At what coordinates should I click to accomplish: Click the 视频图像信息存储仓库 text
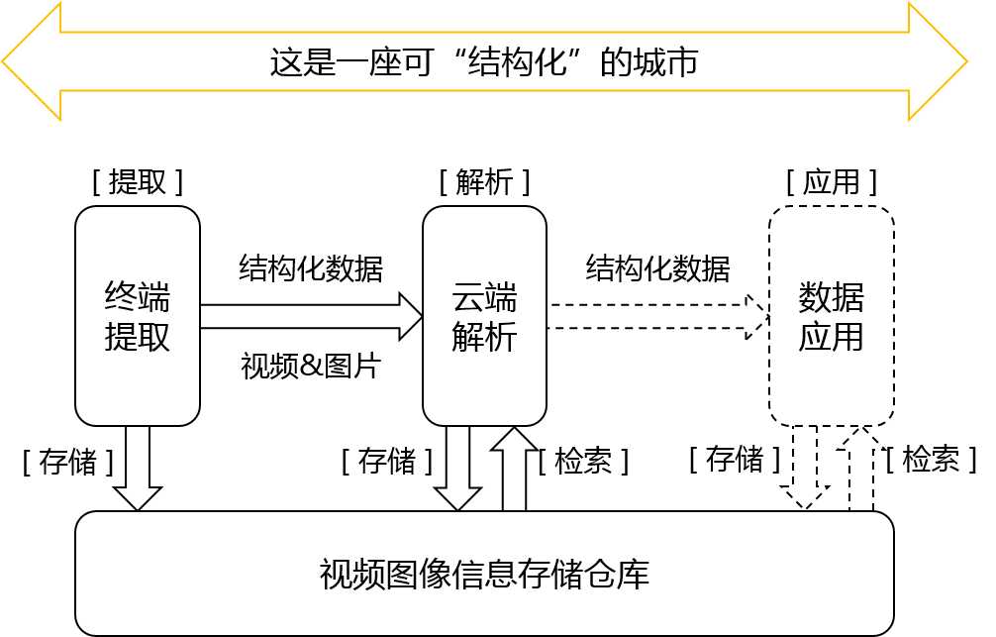[484, 575]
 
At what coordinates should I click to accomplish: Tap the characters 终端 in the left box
[138, 297]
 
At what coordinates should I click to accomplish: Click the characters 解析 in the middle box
[484, 338]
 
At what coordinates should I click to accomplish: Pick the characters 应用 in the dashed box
[832, 338]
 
